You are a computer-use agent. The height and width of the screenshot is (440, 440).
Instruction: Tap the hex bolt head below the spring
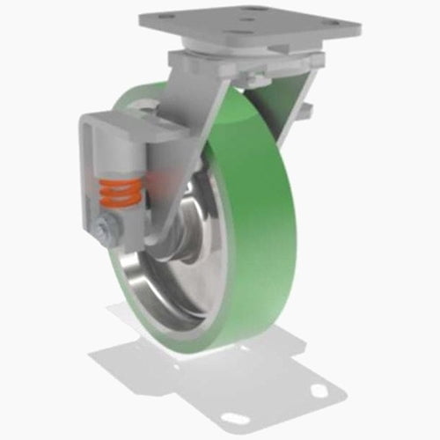point(106,231)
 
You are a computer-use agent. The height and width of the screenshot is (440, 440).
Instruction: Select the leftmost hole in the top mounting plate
point(158,20)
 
